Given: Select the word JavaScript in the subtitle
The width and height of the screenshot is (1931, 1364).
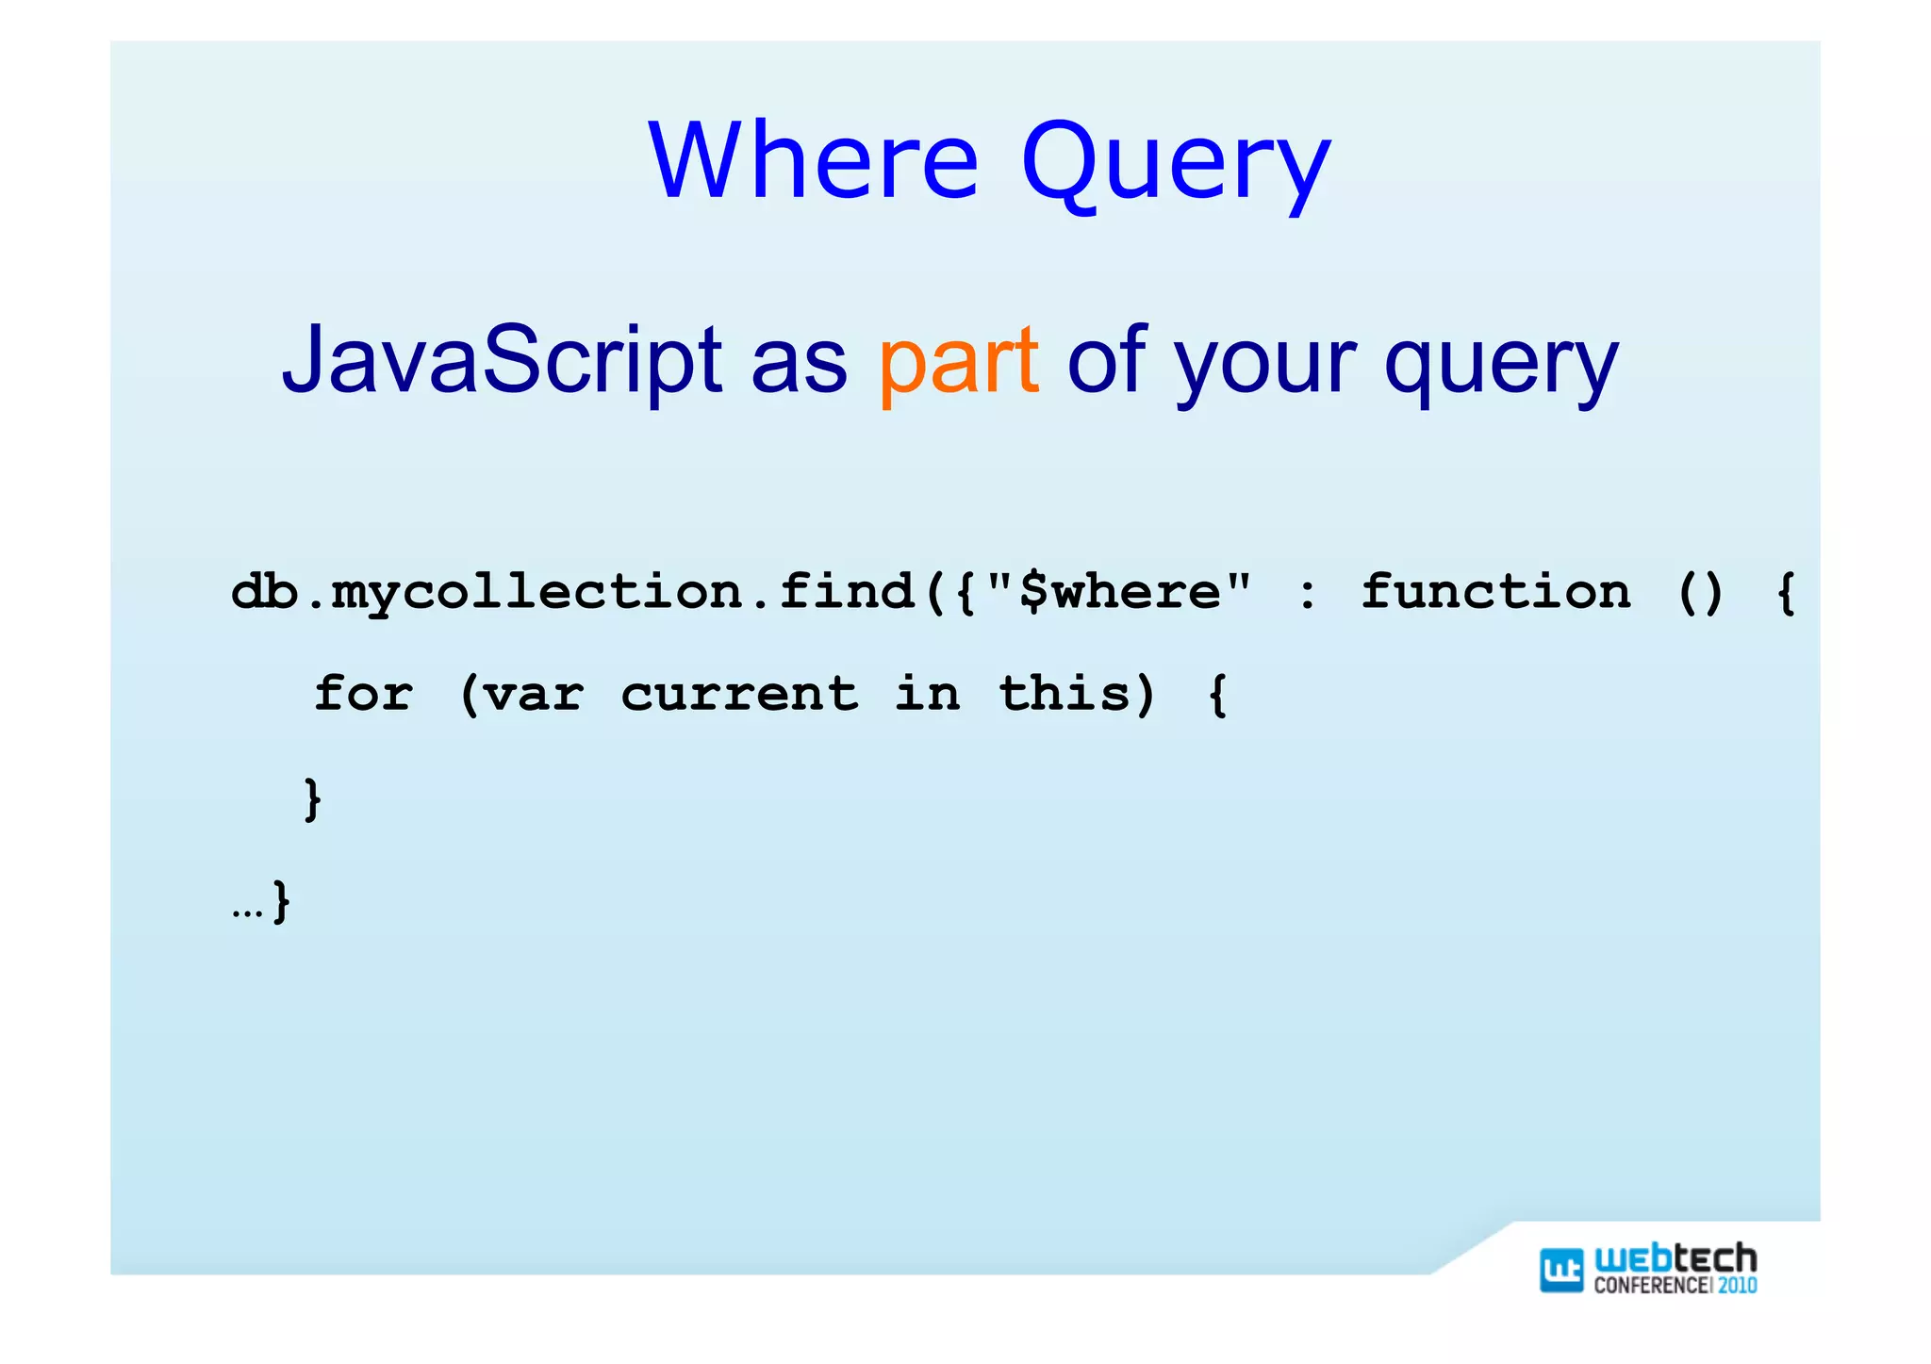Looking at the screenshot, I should pos(502,360).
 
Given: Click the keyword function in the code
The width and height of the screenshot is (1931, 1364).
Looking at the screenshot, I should pos(1495,592).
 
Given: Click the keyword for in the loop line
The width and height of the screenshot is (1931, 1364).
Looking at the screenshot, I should pos(363,694).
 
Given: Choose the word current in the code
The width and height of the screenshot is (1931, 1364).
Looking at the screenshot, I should pos(739,695).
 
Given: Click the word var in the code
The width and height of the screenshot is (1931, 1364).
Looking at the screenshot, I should pos(534,696).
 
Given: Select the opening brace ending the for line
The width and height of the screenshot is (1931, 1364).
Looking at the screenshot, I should pos(1217,696).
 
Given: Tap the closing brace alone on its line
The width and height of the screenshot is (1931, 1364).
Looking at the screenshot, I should pos(312,798).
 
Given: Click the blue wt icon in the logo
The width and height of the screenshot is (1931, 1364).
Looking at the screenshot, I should pos(1560,1270).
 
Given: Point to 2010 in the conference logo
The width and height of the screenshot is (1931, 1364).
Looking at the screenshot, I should pos(1737,1285).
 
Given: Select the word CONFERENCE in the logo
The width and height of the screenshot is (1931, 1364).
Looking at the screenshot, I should pos(1651,1285).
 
